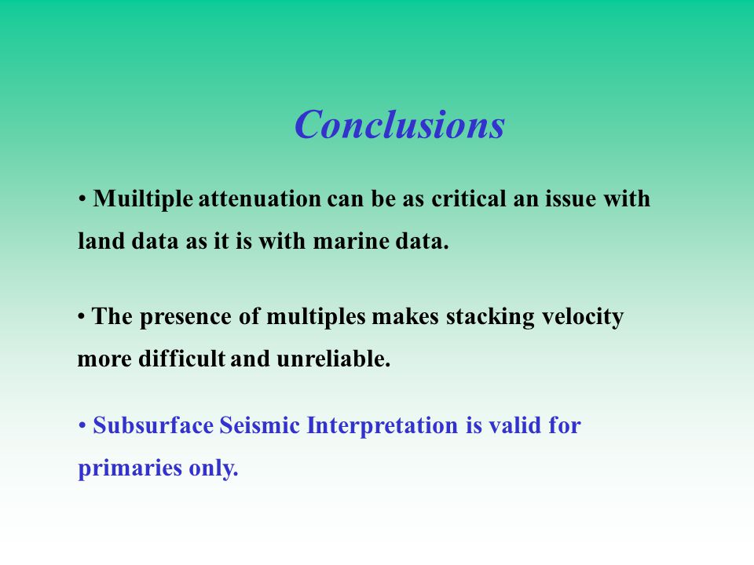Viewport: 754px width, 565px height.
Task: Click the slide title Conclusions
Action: click(x=400, y=124)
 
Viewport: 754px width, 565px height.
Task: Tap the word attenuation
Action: click(x=260, y=199)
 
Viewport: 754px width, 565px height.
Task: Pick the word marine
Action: click(x=351, y=241)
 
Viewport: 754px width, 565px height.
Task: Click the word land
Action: click(x=101, y=241)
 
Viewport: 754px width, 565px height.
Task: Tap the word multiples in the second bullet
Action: click(x=316, y=316)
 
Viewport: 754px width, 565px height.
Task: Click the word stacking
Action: click(x=490, y=317)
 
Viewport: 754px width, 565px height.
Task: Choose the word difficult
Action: click(x=181, y=359)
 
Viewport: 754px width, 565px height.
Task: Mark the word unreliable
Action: click(x=333, y=359)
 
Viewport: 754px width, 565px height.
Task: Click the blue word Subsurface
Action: click(x=153, y=425)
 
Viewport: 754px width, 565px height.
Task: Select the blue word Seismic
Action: click(x=260, y=425)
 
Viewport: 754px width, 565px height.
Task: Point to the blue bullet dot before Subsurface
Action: click(x=82, y=426)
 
